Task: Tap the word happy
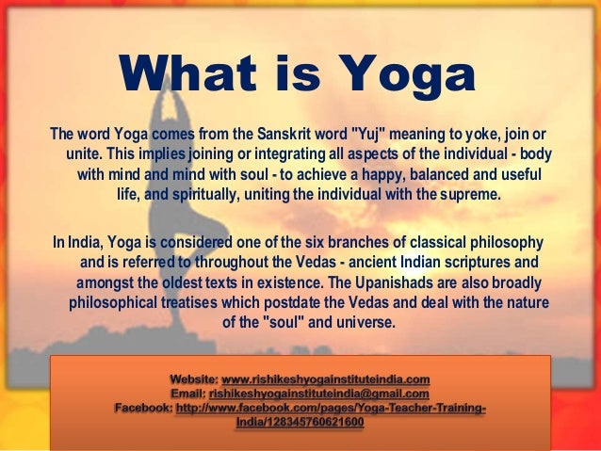coord(379,174)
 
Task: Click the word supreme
coord(469,196)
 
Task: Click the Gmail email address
coord(319,394)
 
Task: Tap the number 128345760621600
coord(316,423)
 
